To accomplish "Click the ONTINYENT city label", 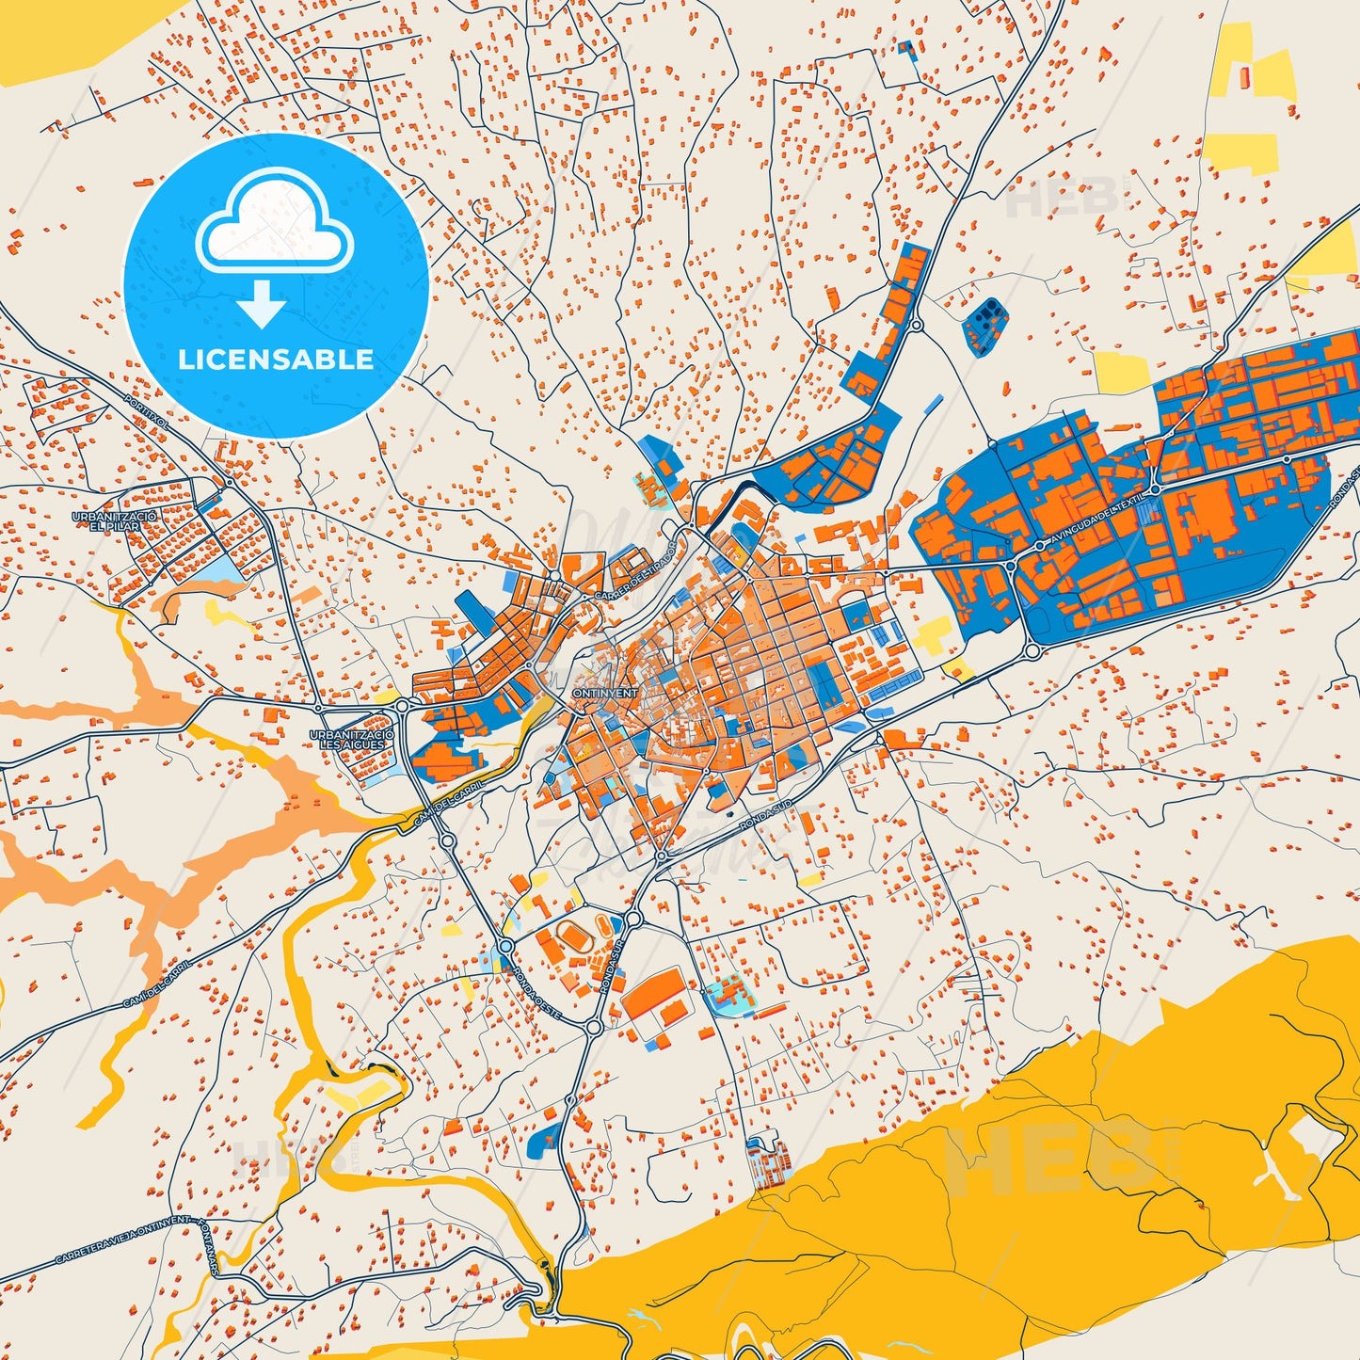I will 604,694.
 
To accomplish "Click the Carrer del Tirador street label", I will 636,571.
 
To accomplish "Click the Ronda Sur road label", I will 611,970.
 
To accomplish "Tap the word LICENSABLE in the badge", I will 276,360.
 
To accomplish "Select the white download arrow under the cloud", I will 263,304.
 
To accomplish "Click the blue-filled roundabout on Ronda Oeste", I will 506,945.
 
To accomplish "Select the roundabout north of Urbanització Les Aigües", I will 402,705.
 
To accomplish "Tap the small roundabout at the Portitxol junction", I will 229,483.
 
